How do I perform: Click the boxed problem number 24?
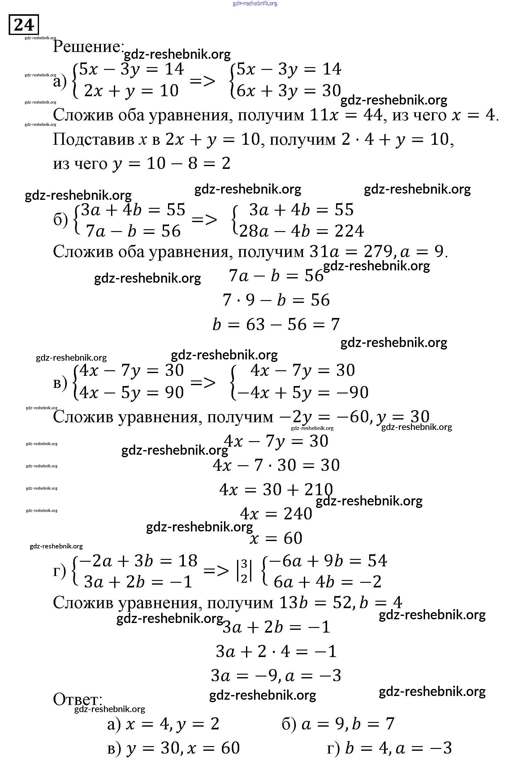(x=24, y=25)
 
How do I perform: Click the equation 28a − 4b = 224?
(x=301, y=231)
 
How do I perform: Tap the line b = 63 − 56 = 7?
(x=276, y=324)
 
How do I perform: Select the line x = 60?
(x=276, y=538)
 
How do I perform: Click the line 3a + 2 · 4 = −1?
(x=276, y=651)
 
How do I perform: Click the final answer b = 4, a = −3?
(x=399, y=748)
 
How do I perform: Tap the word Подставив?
(x=94, y=140)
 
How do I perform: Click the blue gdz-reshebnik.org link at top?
(x=255, y=4)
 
